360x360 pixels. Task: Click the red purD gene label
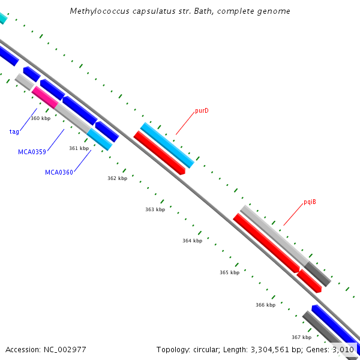tap(202, 111)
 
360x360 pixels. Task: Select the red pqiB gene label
tap(310, 202)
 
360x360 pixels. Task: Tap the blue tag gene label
tap(14, 131)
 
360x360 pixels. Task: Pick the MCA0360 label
tap(59, 173)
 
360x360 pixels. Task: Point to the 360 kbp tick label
tap(40, 118)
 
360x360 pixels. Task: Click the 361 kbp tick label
tap(79, 148)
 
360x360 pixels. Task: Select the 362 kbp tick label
tap(117, 178)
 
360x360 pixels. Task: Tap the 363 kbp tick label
tap(155, 209)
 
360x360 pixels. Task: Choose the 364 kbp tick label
tap(192, 241)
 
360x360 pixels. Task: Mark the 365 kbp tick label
tap(229, 272)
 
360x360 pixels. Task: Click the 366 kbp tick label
tap(265, 305)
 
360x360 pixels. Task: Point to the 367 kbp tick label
tap(301, 337)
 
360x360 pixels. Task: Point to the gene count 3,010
tap(343, 349)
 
